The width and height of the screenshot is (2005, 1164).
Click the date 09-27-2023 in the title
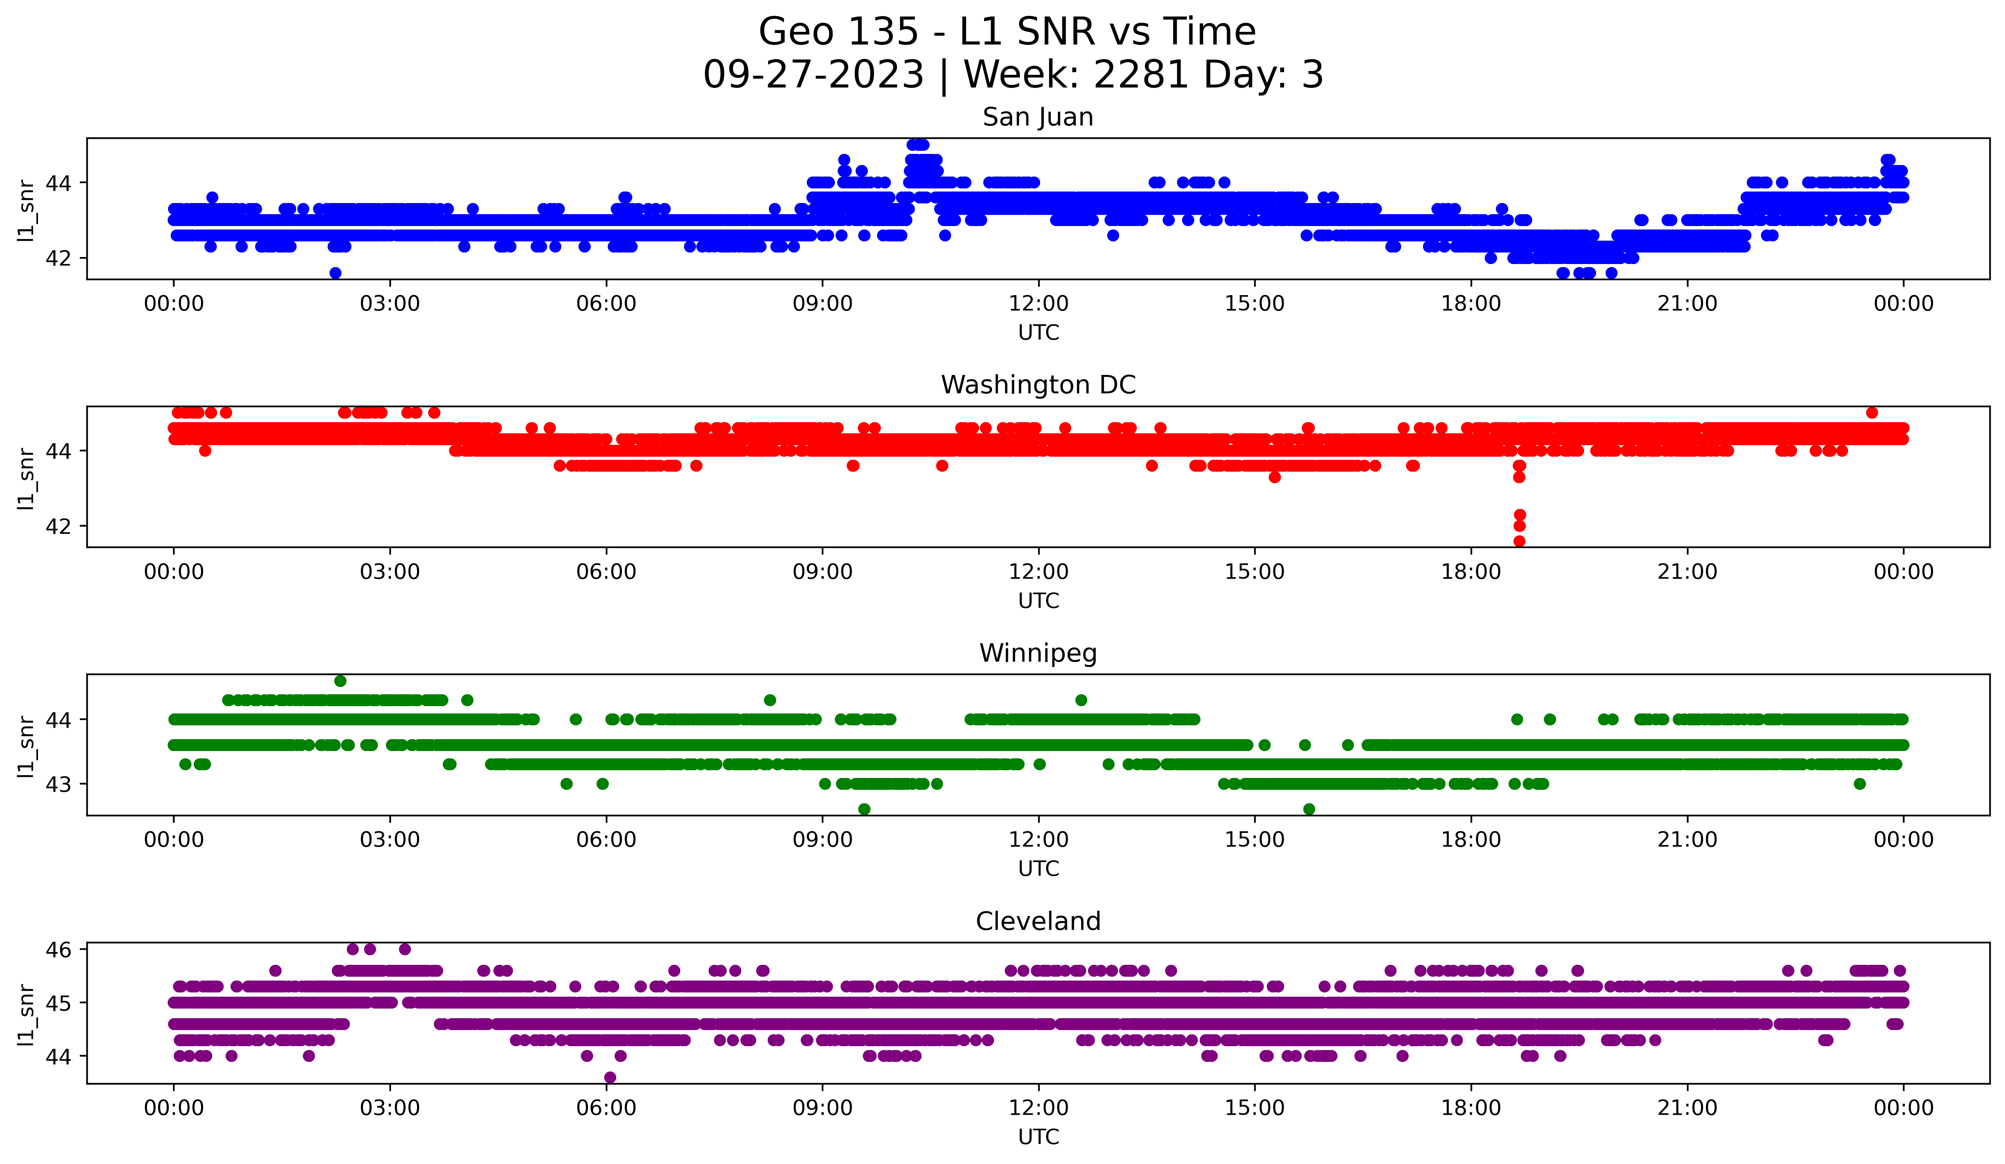813,75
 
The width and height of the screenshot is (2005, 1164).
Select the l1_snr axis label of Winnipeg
26,745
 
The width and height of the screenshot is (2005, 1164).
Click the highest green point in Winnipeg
341,681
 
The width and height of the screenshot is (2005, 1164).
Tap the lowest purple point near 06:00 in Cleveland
610,1077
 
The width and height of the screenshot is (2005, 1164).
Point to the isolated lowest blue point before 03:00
336,273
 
